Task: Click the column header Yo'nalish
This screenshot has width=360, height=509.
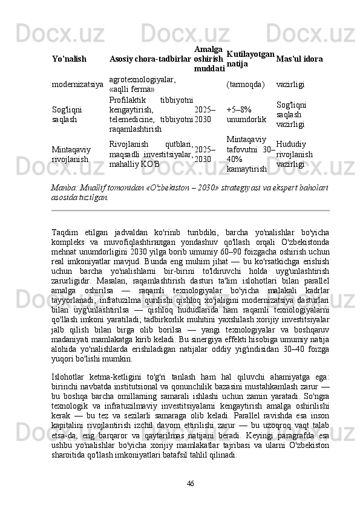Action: pos(68,60)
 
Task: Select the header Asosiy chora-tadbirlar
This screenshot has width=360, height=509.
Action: pos(151,60)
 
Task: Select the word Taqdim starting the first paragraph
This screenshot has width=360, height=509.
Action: pos(65,233)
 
